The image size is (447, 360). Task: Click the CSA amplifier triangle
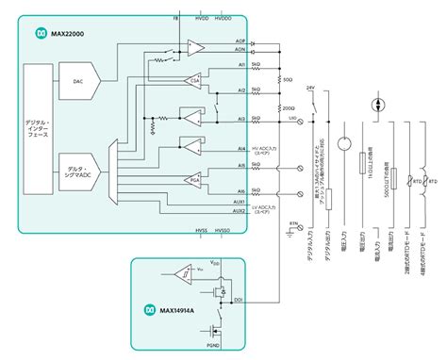[194, 82]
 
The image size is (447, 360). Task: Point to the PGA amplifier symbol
[194, 179]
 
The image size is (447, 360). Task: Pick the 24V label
[309, 88]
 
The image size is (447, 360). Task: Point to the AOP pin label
[240, 42]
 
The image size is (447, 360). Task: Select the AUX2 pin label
[240, 210]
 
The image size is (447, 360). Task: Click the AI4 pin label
[241, 148]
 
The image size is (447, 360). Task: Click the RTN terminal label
[292, 223]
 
